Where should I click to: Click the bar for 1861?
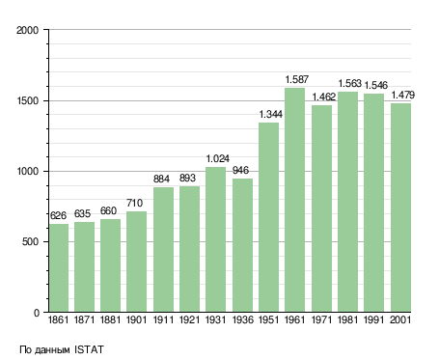(x=59, y=267)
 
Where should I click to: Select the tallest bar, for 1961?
(x=294, y=200)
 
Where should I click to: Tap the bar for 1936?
(x=242, y=245)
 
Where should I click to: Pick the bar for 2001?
(x=400, y=208)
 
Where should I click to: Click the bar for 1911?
(x=163, y=249)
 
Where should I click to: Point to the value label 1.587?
(x=297, y=79)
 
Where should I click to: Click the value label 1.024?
(x=218, y=158)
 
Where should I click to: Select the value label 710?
(x=134, y=203)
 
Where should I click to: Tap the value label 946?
(x=240, y=170)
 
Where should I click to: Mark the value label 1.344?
(x=271, y=114)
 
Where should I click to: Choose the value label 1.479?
(x=403, y=95)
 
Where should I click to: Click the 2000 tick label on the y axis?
(x=28, y=30)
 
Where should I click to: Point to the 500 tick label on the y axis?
(x=30, y=241)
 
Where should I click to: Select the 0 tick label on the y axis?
(x=37, y=313)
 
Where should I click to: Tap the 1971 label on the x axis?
(x=321, y=319)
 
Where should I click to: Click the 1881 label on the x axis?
(x=110, y=319)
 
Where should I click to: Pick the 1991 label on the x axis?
(x=374, y=319)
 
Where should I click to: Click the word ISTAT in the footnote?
(x=89, y=349)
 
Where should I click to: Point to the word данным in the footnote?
(x=52, y=350)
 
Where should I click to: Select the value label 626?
(x=58, y=215)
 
